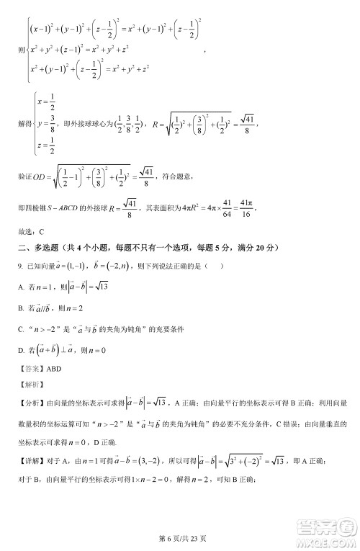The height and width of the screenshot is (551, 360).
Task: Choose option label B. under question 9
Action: click(x=22, y=308)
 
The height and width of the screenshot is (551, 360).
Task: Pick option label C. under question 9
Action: click(x=22, y=328)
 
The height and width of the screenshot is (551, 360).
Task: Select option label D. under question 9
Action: click(x=22, y=349)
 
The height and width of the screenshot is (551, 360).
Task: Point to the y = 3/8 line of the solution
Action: click(x=42, y=124)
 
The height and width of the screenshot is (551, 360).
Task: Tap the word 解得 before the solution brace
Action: click(x=24, y=124)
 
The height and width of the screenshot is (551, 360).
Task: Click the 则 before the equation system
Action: click(x=19, y=50)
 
